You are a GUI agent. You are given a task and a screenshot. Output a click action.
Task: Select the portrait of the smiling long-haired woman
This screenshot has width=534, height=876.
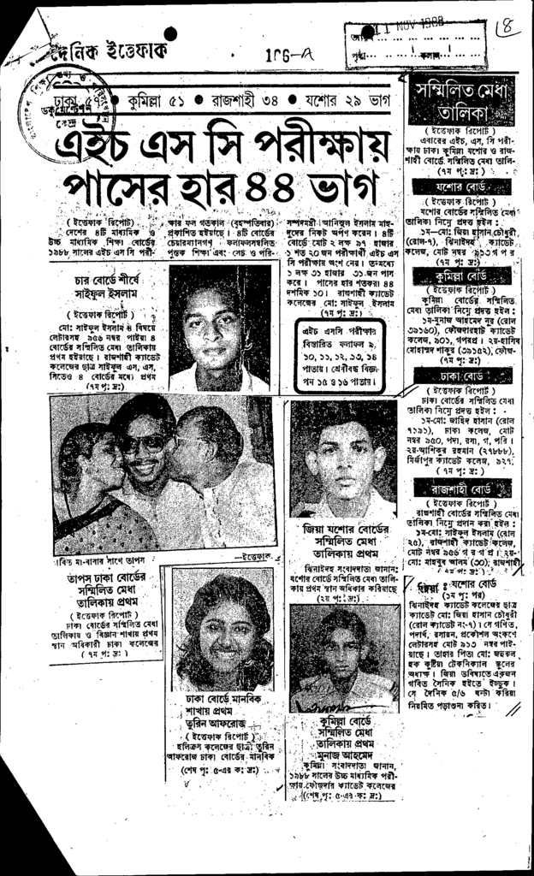[x=222, y=630]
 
